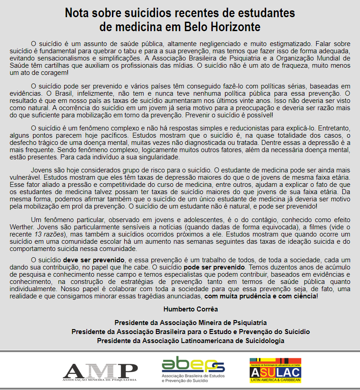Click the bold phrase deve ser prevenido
(94, 260)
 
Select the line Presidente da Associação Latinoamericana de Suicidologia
(190, 340)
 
